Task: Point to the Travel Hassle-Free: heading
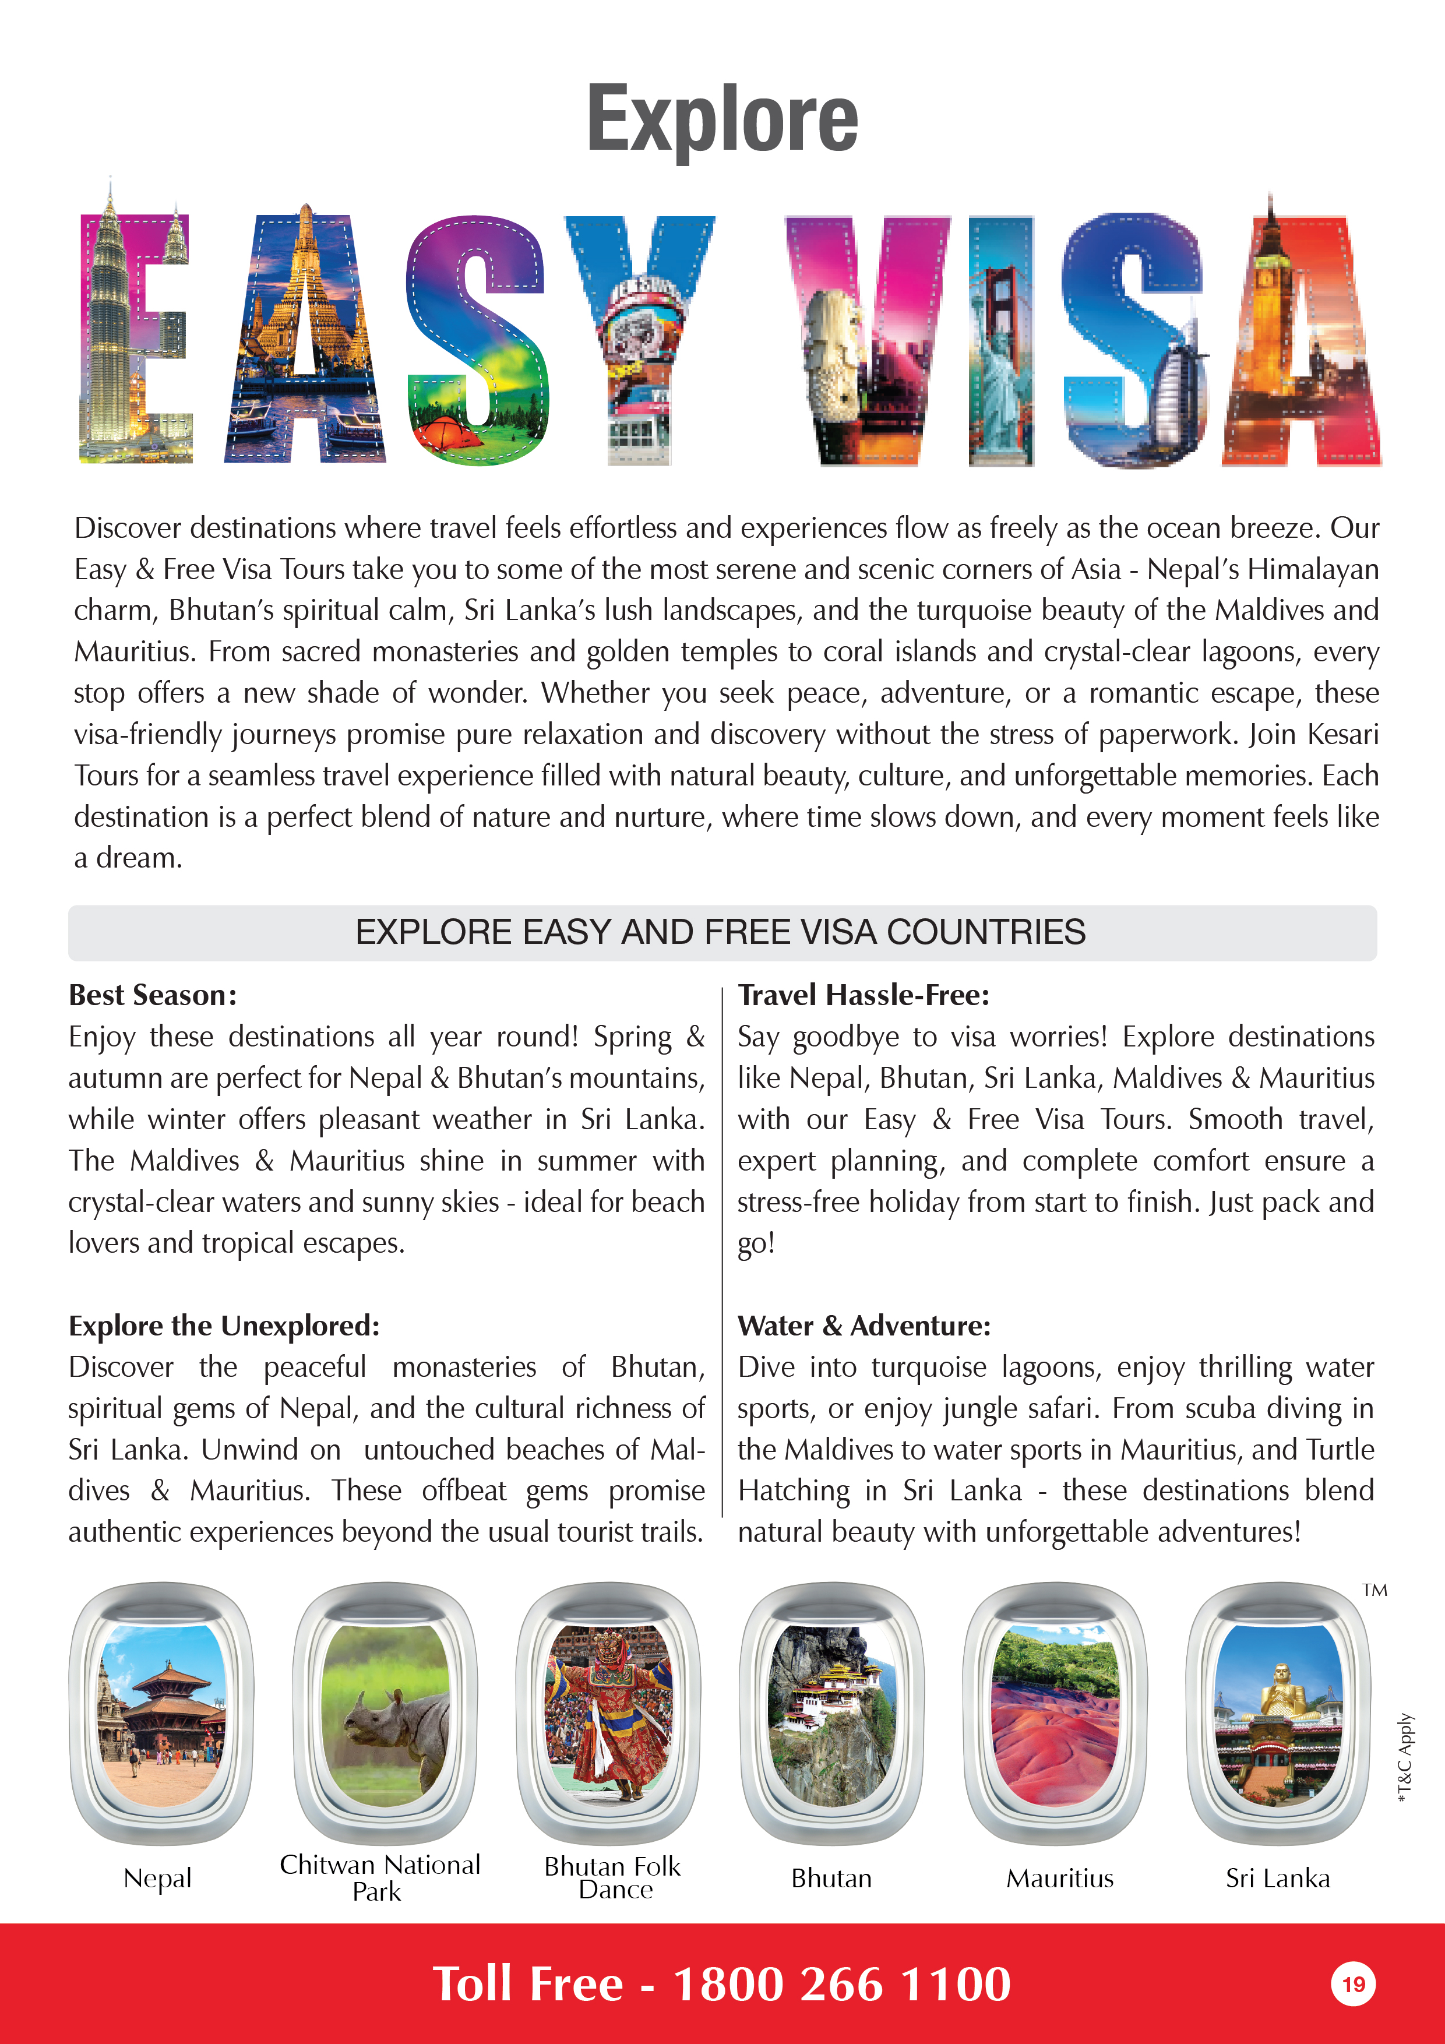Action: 863,995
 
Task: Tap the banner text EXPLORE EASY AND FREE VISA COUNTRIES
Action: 720,932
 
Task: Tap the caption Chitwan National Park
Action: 379,1877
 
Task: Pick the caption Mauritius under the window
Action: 1059,1879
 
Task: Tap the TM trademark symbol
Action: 1374,1590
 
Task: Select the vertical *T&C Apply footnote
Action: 1405,1758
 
